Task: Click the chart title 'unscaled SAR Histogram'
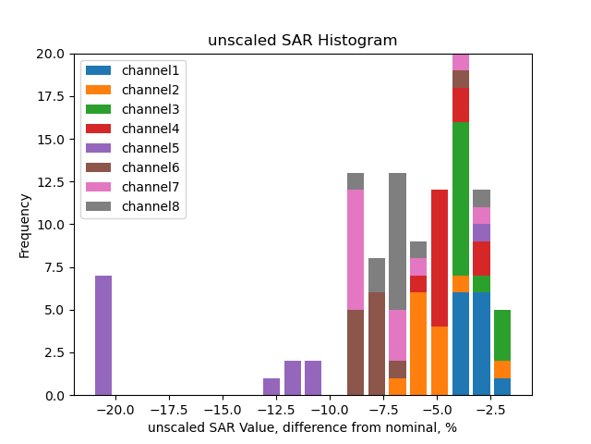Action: coord(302,41)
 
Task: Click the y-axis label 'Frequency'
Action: coord(25,225)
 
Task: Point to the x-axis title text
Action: coord(302,427)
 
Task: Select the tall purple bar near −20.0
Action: coord(103,335)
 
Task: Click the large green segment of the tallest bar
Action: coord(461,198)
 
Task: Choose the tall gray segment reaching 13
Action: coord(398,241)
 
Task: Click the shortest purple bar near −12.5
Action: coord(271,387)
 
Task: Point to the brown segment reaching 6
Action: coord(377,343)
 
